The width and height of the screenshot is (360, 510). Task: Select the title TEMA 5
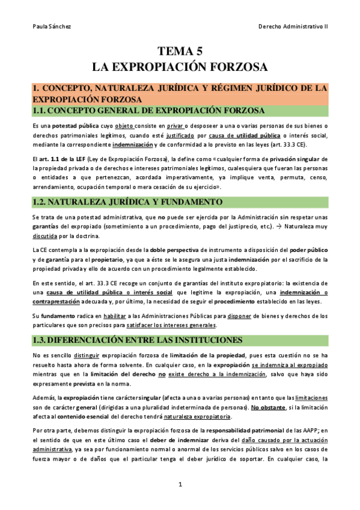coord(180,51)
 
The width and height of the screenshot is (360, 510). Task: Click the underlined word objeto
coord(124,127)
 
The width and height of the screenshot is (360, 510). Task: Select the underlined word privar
coord(175,127)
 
